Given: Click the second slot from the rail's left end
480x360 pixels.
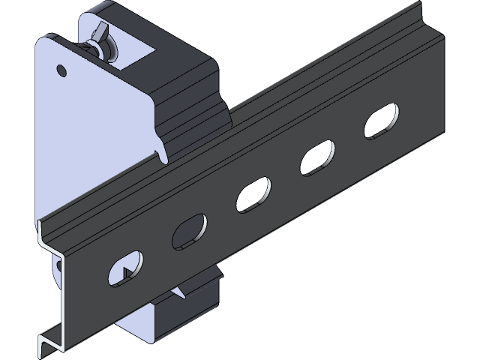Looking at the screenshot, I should click(189, 231).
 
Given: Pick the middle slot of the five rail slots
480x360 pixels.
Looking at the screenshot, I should click(253, 194).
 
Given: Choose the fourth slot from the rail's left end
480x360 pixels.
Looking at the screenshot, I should click(316, 158).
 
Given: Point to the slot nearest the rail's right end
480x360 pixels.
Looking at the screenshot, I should click(381, 121).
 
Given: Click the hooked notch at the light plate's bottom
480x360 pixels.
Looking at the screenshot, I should click(160, 154).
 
